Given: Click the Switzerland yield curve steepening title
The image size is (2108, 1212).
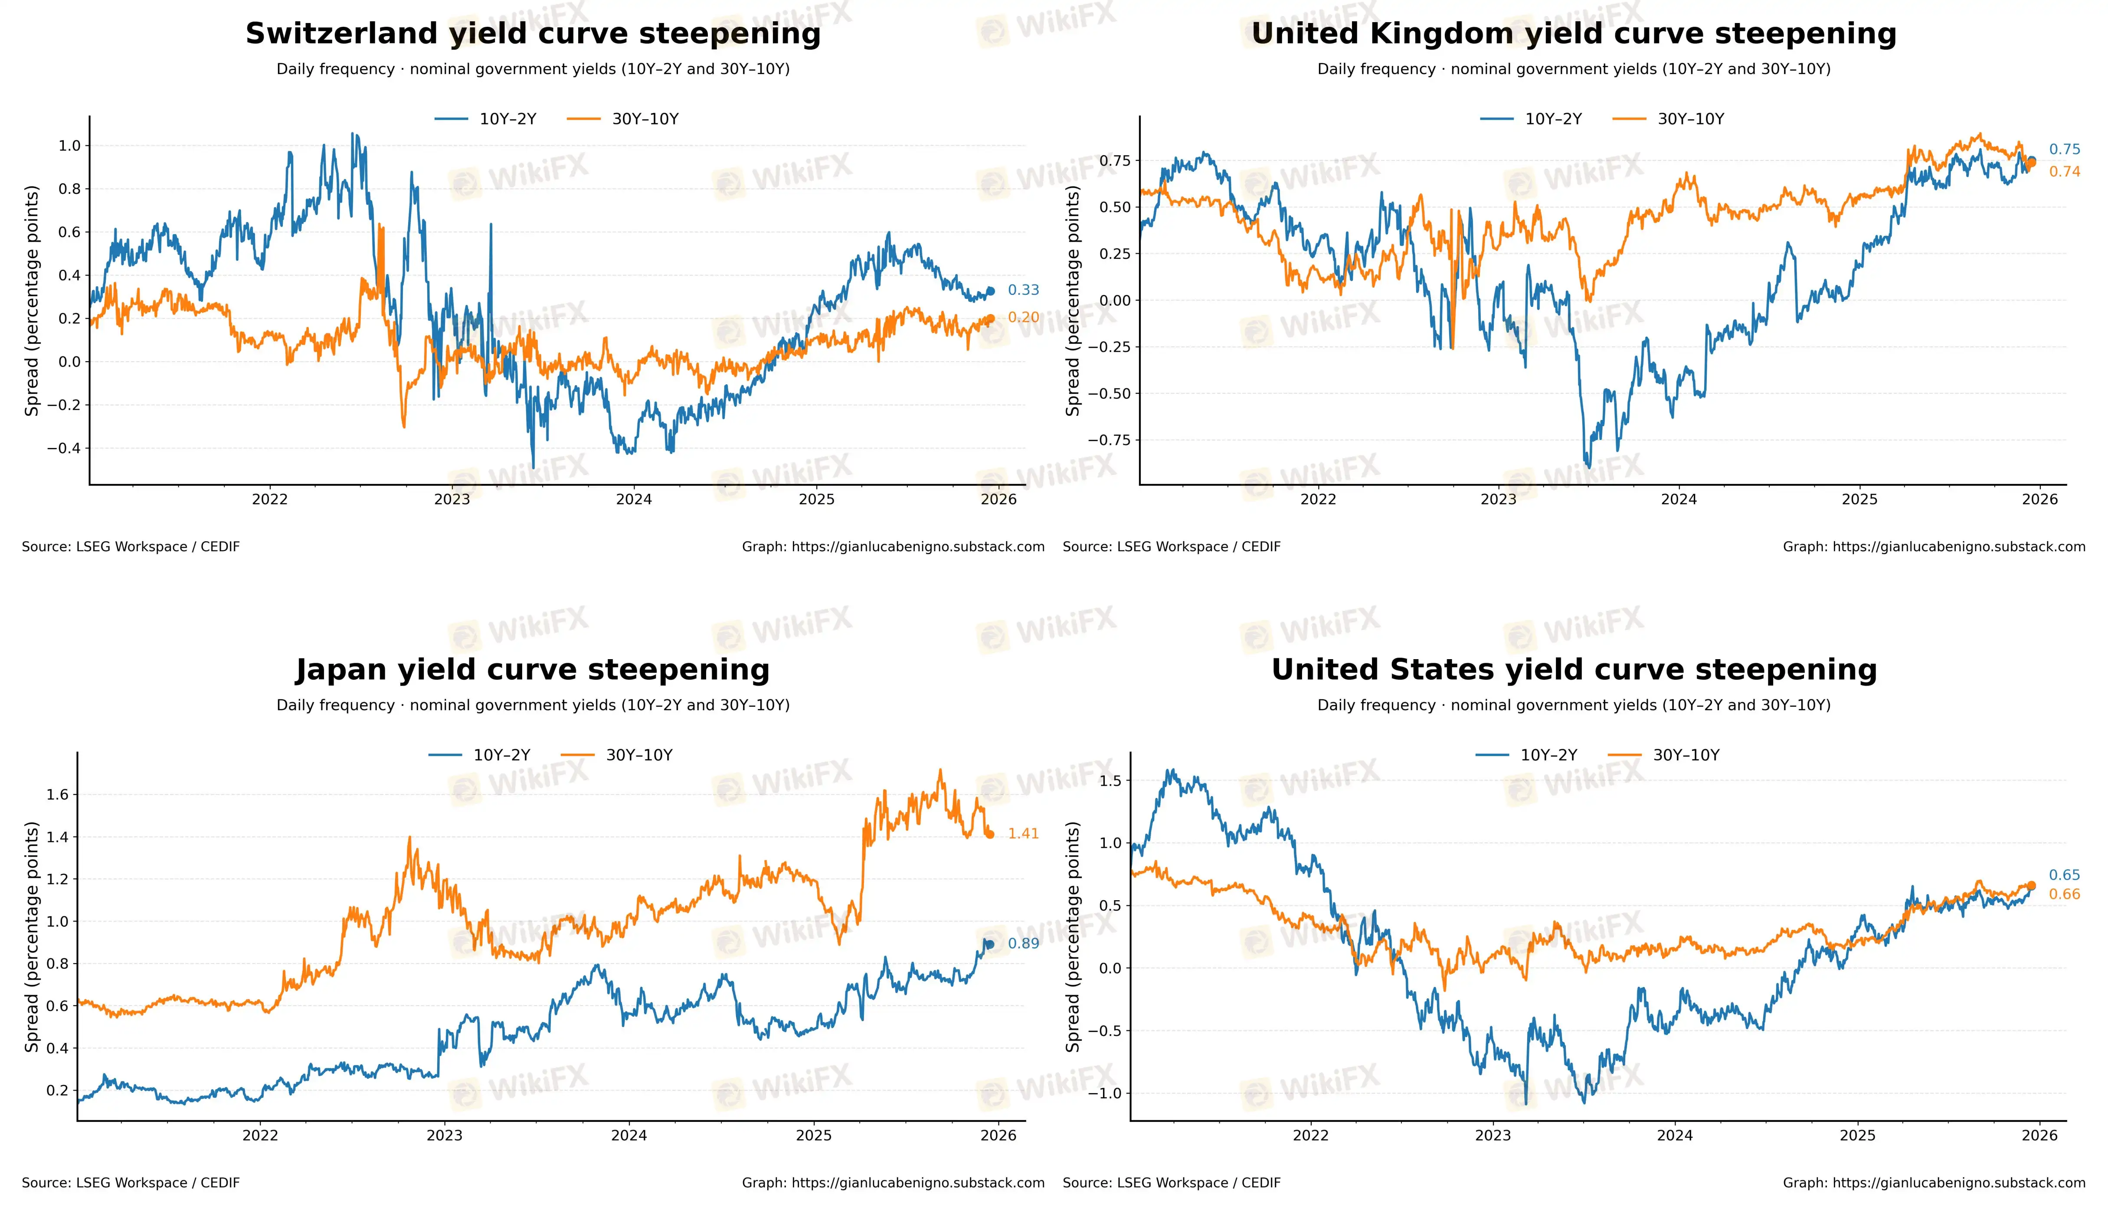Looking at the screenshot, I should (x=533, y=34).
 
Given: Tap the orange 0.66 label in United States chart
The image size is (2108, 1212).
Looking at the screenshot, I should (x=2064, y=894).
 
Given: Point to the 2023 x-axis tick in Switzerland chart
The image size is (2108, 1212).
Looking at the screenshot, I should (x=452, y=500).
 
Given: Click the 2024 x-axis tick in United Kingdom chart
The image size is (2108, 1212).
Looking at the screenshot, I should (x=1679, y=500).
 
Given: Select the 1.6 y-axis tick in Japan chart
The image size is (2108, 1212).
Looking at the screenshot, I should (x=57, y=794).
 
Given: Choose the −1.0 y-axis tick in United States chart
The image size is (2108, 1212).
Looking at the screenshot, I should (x=1105, y=1093).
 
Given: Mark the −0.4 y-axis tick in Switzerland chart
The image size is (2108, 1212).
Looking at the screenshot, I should (x=63, y=448).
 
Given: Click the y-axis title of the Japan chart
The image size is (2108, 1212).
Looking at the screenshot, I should (x=32, y=937).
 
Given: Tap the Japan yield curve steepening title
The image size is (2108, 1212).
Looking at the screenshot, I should (x=533, y=670).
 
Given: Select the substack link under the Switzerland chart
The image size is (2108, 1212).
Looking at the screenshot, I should (x=894, y=547).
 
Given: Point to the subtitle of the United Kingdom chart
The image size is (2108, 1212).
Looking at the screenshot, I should (x=1574, y=69).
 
